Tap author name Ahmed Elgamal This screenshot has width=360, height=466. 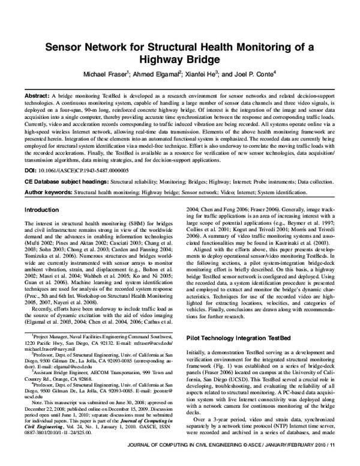pos(155,75)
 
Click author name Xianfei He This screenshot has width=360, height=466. pos(202,75)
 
